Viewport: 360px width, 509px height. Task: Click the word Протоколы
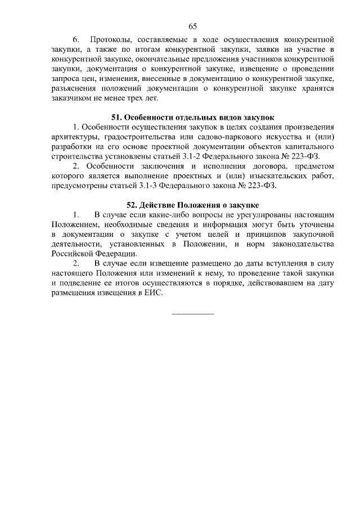coord(114,40)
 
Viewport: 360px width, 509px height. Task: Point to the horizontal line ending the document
coord(192,313)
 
